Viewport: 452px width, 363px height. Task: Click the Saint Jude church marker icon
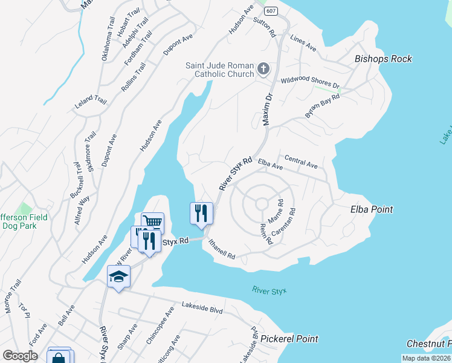(x=263, y=68)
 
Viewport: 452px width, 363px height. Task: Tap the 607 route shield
(x=270, y=11)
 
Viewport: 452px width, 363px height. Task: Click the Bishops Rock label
(x=383, y=59)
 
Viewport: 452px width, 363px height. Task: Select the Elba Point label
(x=372, y=209)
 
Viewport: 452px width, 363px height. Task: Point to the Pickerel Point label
(x=289, y=338)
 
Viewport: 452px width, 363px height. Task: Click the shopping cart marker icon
(x=152, y=222)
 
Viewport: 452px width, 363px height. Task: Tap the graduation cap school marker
(x=118, y=277)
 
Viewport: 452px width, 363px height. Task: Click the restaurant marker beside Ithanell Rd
(x=202, y=212)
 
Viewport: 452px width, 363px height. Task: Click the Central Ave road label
(x=300, y=163)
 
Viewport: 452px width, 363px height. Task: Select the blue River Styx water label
(x=269, y=290)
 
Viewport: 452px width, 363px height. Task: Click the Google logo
(x=20, y=356)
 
